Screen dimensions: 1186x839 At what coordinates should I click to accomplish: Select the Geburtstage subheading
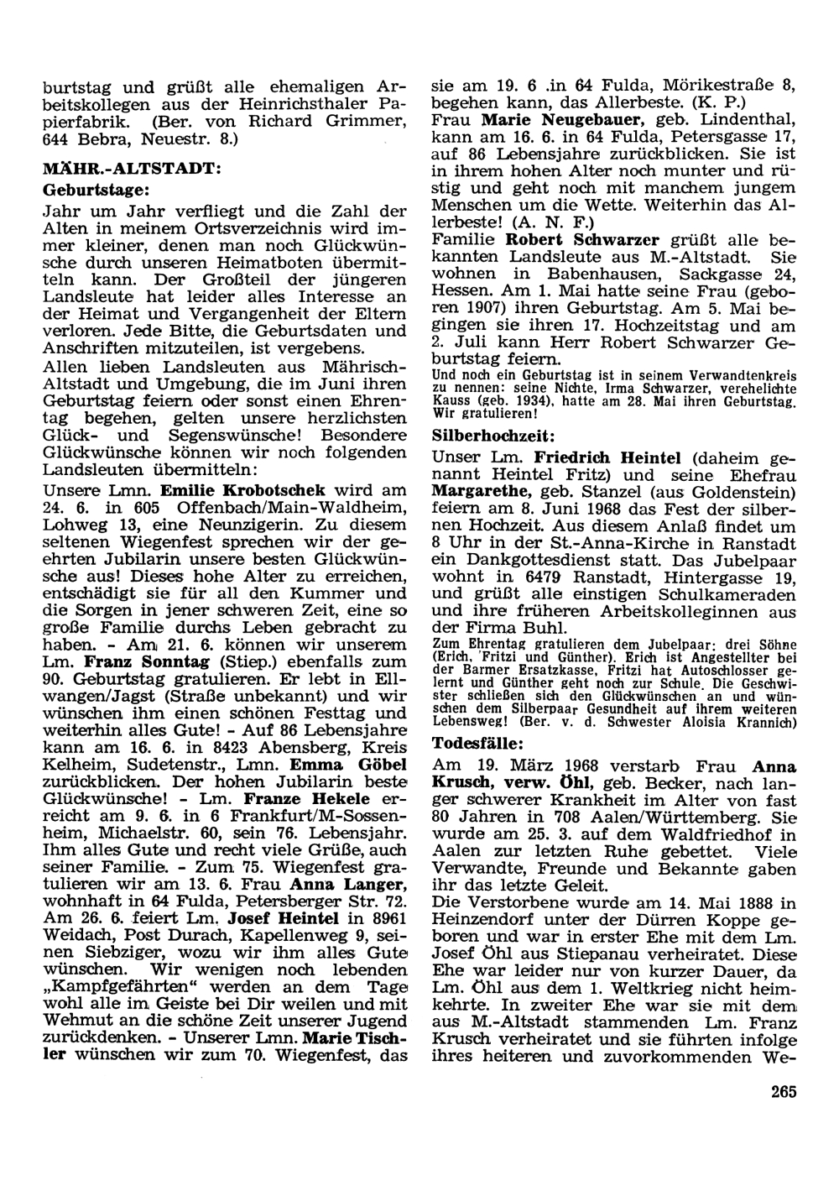point(96,191)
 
